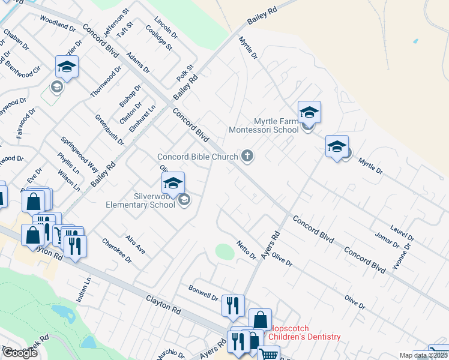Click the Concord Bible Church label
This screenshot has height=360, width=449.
(197, 157)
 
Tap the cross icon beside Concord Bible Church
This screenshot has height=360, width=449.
(247, 157)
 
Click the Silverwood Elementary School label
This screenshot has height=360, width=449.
(140, 200)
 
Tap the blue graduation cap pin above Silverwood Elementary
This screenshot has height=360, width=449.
(173, 183)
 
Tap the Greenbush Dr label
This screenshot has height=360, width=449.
(109, 130)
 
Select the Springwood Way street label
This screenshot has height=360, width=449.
(80, 154)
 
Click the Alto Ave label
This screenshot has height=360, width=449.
(136, 244)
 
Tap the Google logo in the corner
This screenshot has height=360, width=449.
(20, 353)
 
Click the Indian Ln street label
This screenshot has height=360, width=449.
(83, 289)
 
